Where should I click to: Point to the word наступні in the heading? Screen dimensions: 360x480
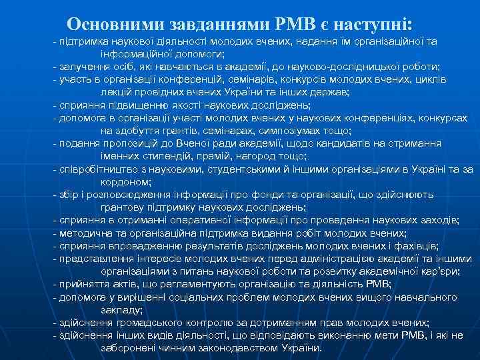coord(375,24)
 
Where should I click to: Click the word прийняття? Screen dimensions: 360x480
coord(82,283)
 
